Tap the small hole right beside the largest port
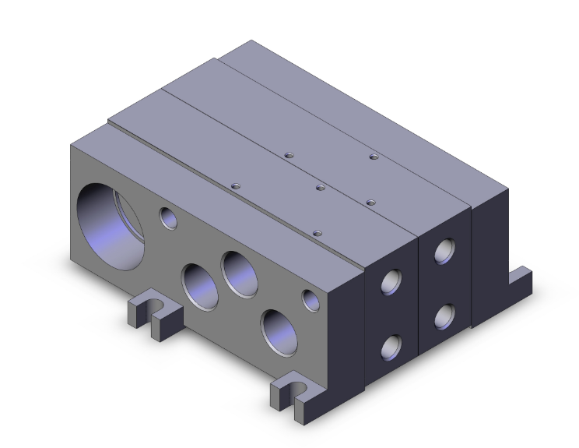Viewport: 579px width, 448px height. click(168, 218)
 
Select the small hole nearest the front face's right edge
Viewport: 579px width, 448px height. click(311, 299)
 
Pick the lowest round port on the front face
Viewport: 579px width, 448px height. click(279, 330)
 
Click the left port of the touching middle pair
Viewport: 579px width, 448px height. click(200, 287)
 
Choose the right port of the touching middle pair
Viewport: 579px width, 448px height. click(240, 273)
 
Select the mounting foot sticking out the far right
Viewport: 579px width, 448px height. click(520, 279)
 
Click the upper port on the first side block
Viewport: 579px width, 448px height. click(391, 281)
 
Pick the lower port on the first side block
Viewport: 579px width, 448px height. click(391, 346)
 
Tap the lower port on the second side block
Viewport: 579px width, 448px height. click(445, 316)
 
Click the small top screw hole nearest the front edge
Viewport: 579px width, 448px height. click(316, 232)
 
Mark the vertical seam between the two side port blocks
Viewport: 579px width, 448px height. click(419, 296)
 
